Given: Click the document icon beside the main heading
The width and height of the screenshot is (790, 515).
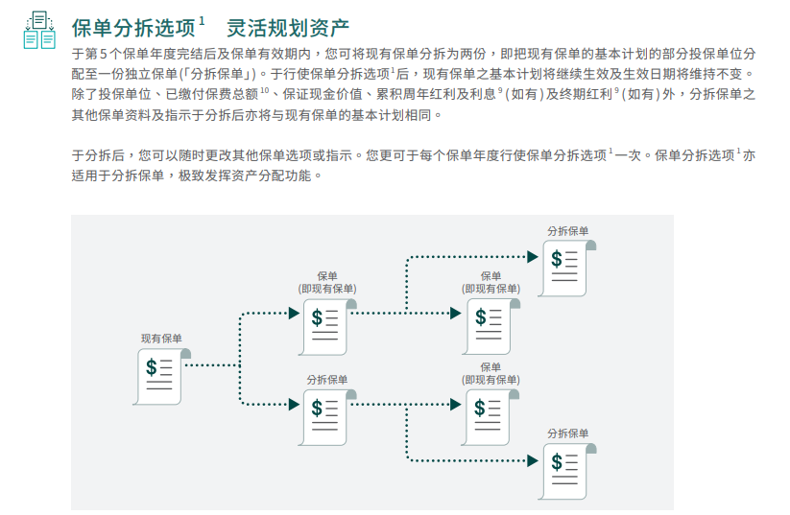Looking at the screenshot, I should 38,29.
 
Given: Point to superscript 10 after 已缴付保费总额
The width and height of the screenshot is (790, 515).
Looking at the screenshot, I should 265,91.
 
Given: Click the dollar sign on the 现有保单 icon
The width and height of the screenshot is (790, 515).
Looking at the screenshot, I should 151,367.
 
